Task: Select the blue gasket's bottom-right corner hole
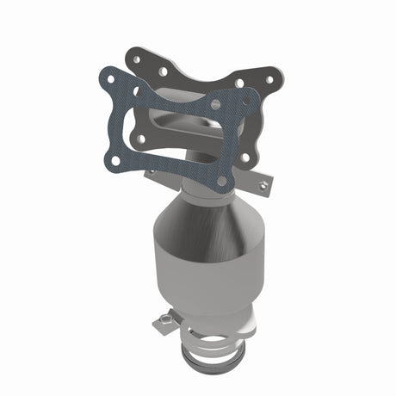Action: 222,181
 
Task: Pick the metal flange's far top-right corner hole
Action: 269,79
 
